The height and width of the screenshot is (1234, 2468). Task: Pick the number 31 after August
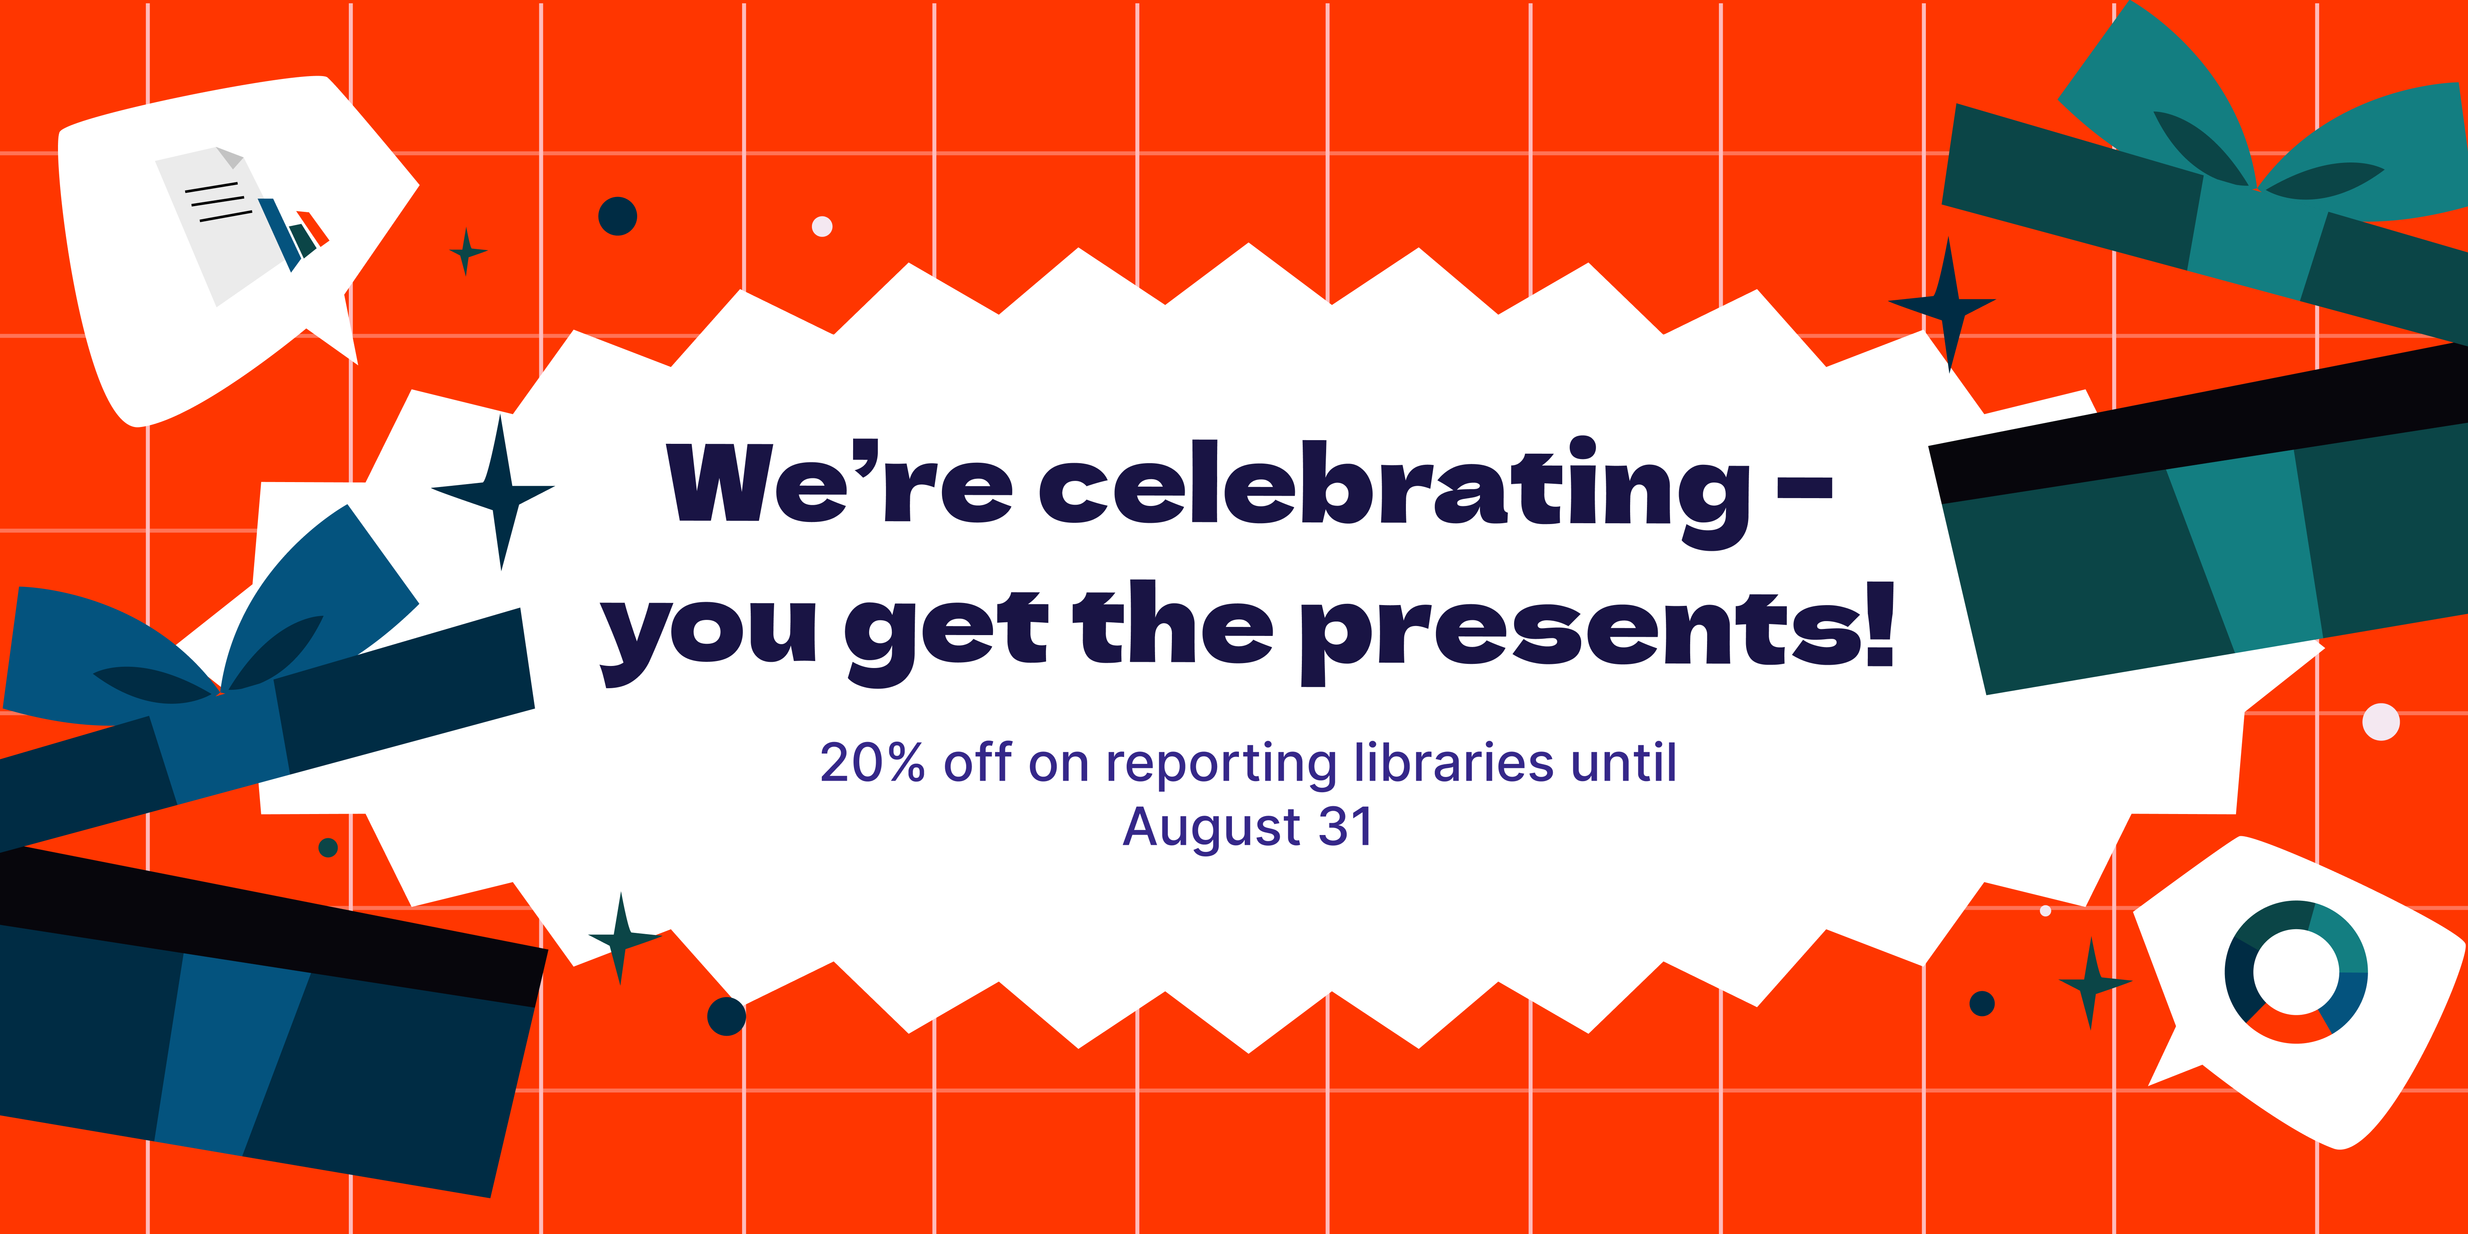(x=1345, y=826)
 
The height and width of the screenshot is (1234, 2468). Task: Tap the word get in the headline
(x=946, y=636)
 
